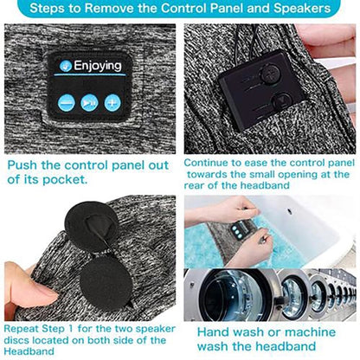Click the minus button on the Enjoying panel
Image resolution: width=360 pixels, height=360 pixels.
[67, 103]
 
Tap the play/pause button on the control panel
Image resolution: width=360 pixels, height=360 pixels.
[89, 102]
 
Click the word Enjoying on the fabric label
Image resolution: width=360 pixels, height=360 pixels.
[98, 66]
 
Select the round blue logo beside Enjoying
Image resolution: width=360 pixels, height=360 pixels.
[66, 66]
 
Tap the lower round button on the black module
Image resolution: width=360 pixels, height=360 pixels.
[282, 101]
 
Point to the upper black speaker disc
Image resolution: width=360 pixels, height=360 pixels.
[93, 227]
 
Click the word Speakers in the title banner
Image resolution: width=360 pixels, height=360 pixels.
[302, 8]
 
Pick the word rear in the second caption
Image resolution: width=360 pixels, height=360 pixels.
[195, 185]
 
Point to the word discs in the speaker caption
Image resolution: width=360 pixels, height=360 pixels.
[16, 340]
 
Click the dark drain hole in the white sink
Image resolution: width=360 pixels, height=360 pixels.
[289, 212]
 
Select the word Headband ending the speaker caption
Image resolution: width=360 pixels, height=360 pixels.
[29, 351]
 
